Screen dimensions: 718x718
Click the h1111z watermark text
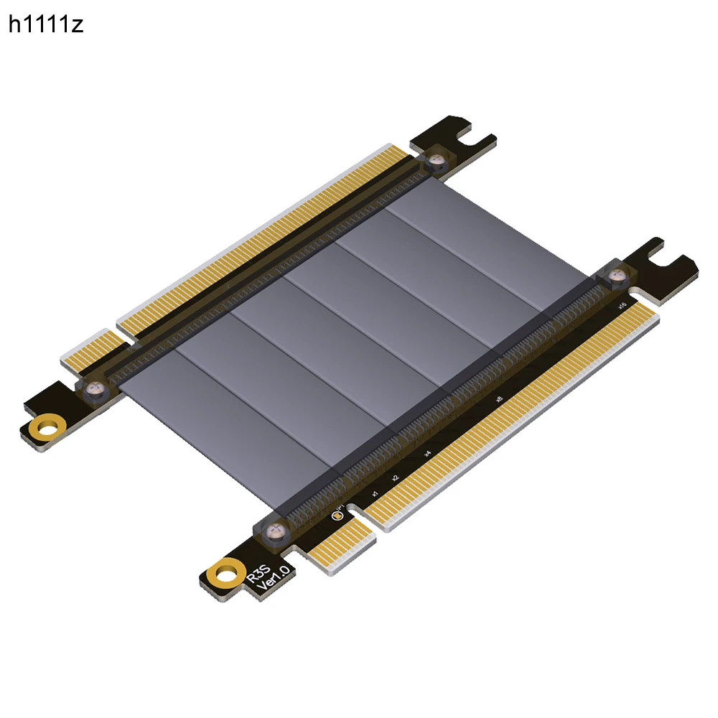(x=46, y=25)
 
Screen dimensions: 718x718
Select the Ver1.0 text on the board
(x=276, y=578)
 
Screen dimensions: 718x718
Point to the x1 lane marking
(x=374, y=494)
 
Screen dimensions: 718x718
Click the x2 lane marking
(x=395, y=477)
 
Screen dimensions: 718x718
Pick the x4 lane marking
(x=428, y=453)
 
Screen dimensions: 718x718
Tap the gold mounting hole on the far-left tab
(x=48, y=429)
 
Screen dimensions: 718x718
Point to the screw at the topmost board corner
(x=434, y=159)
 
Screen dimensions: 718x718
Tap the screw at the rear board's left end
(x=94, y=390)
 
